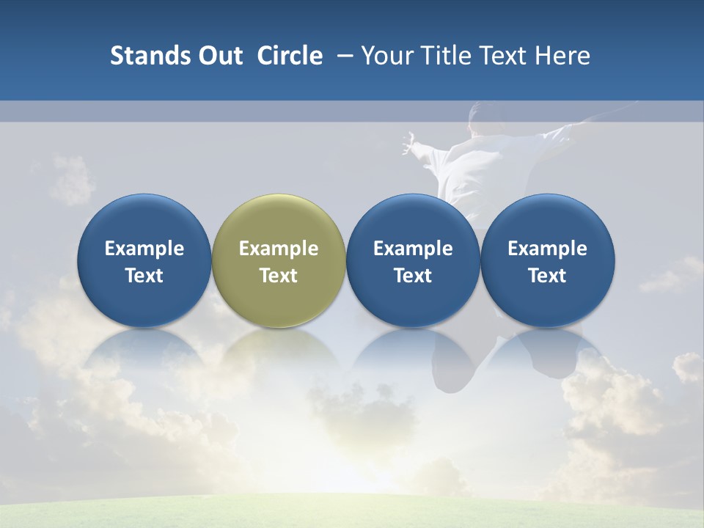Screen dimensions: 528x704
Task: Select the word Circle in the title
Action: (290, 56)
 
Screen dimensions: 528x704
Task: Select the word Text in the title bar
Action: (502, 56)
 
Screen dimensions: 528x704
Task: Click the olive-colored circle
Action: (279, 260)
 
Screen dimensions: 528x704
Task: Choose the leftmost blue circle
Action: (144, 260)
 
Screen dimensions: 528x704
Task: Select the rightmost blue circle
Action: (548, 260)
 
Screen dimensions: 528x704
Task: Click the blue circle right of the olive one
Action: (413, 260)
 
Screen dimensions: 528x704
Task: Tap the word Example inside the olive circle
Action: (279, 249)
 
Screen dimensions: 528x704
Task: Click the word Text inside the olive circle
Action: (279, 276)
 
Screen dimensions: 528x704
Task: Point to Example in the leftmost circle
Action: (144, 249)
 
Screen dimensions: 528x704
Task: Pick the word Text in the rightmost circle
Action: (548, 276)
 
